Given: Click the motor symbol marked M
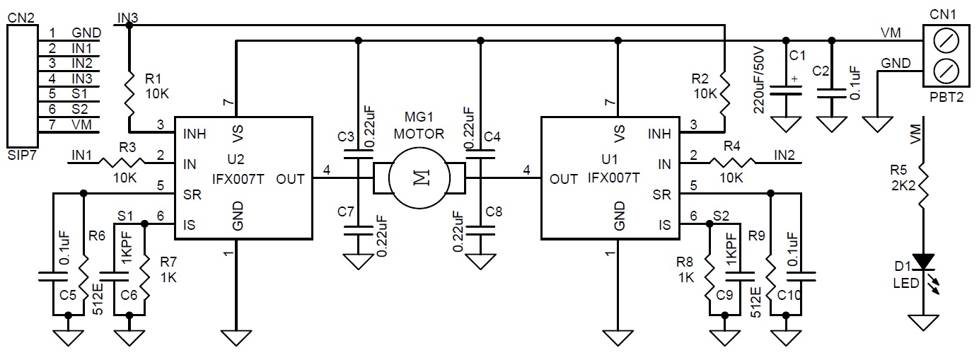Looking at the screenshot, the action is pos(419,178).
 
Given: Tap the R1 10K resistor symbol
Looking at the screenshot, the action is pos(129,93).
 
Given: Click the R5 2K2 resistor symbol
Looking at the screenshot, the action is pos(924,185).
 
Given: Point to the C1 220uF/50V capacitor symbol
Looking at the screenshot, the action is pos(785,91).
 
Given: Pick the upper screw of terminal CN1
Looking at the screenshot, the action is pos(946,41).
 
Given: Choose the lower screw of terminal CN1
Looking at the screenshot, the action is pos(946,71).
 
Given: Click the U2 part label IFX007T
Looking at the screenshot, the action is pos(238,179).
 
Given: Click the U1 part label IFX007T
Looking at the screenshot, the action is pos(613,178).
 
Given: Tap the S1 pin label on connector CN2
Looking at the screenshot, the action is pos(79,94).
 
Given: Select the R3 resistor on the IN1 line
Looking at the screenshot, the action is pos(122,163).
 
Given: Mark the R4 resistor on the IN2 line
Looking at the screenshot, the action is pos(733,163).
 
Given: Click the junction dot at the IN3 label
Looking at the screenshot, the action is pos(129,25).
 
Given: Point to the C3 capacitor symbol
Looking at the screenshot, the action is pos(359,154).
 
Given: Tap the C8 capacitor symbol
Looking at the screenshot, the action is pos(480,231).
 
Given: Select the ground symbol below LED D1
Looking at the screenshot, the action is pos(924,323).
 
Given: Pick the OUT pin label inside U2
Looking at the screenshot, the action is pos(290,179).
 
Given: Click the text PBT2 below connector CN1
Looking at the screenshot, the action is pos(946,97).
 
